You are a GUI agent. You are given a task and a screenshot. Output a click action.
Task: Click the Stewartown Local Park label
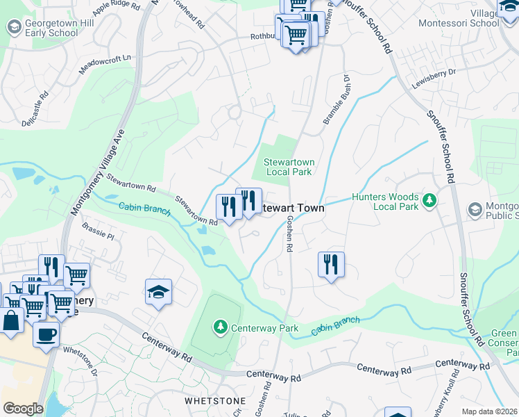pos(289,167)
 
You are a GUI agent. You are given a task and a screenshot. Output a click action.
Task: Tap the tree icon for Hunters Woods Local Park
pos(430,200)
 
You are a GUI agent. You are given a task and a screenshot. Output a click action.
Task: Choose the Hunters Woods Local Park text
pos(385,202)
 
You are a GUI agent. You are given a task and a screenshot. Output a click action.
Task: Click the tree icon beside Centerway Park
pos(220,326)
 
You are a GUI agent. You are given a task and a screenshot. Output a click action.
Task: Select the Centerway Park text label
pos(255,327)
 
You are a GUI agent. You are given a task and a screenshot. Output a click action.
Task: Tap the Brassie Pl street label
pos(96,231)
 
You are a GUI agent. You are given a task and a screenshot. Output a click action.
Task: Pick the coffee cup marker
pos(46,334)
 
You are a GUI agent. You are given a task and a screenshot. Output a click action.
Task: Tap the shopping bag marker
pos(11,322)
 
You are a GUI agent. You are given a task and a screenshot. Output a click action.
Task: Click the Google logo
pos(23,409)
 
